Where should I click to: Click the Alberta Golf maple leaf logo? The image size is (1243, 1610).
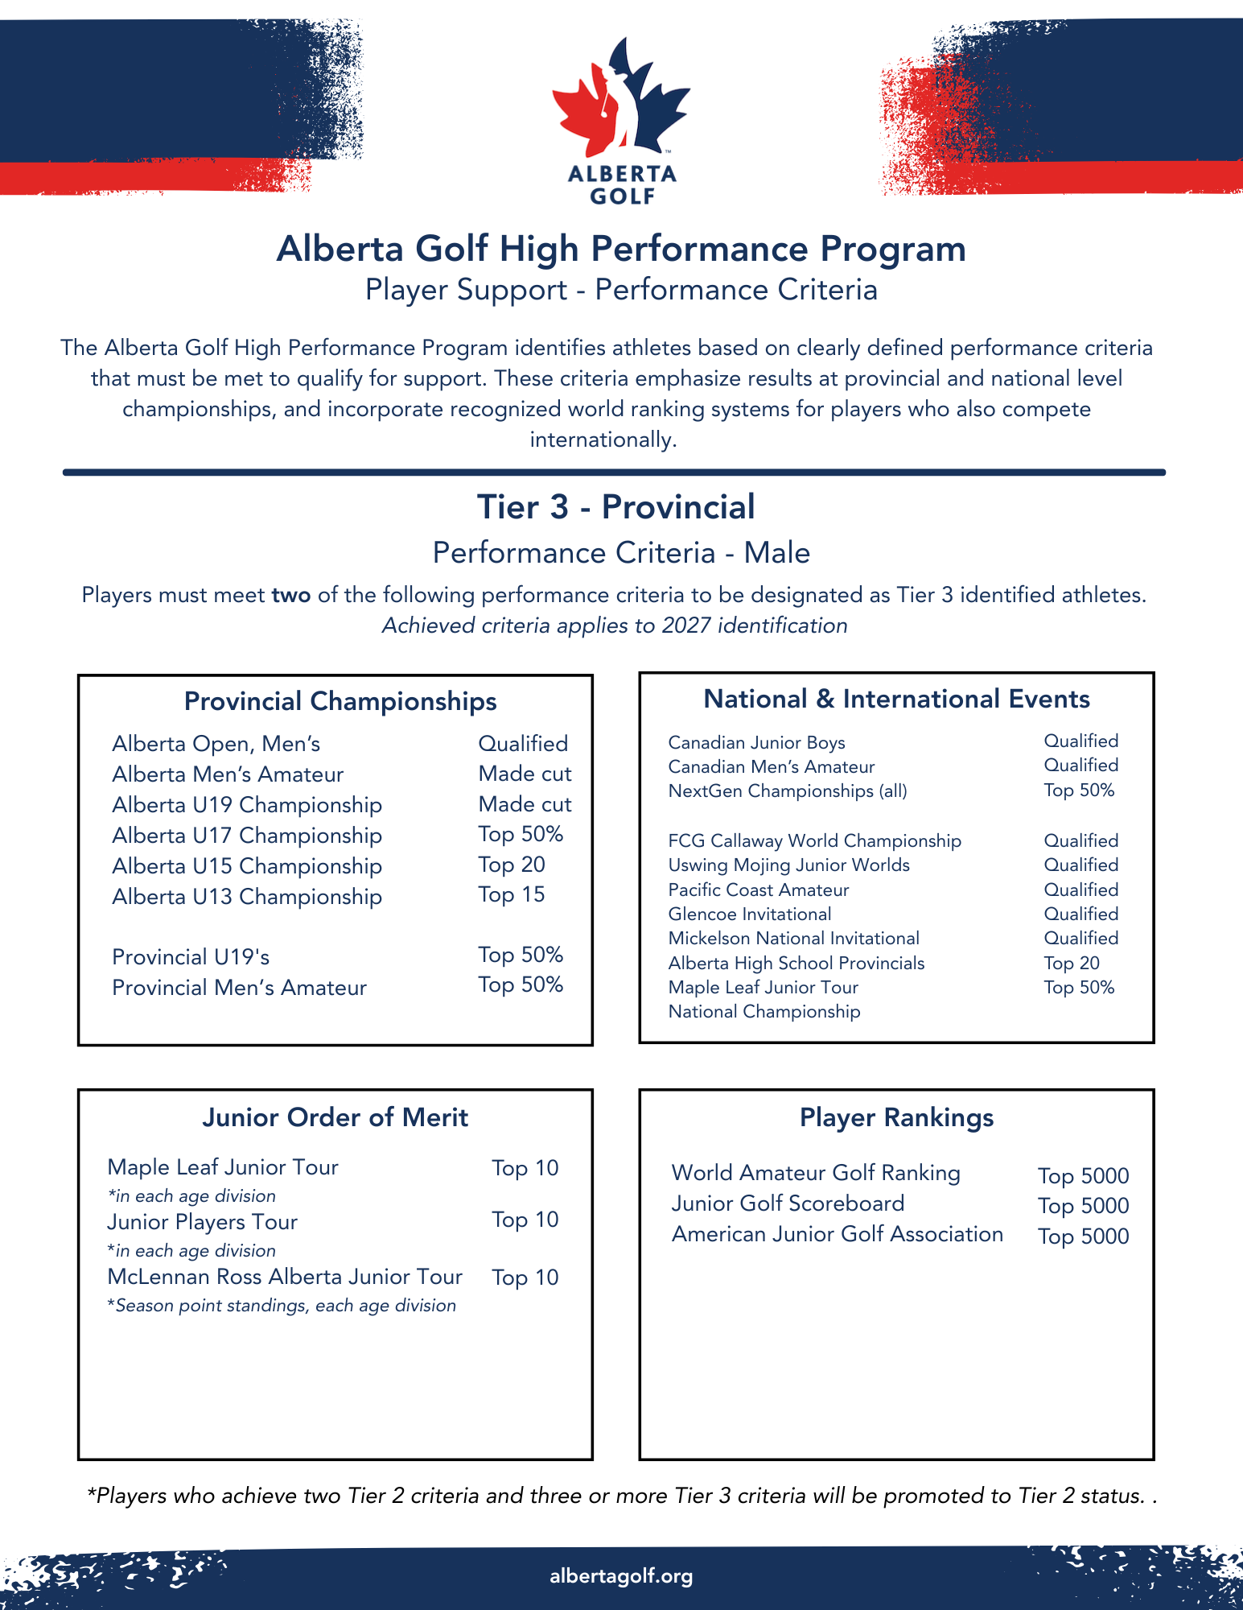[x=621, y=101]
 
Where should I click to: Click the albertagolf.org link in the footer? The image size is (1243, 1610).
[x=621, y=1576]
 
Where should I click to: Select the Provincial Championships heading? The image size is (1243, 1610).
[x=340, y=701]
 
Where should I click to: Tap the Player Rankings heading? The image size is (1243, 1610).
[x=896, y=1117]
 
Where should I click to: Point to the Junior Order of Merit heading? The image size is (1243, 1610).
[x=335, y=1117]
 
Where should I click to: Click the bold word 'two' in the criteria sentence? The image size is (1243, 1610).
[x=291, y=596]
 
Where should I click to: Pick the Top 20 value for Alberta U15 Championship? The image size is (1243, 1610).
[x=512, y=865]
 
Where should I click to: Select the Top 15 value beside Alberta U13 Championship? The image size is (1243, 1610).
[x=512, y=895]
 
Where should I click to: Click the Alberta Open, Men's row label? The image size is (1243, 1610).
[x=216, y=744]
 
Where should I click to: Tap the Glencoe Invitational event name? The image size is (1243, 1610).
[x=750, y=914]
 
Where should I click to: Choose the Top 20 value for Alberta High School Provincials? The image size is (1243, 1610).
[x=1072, y=964]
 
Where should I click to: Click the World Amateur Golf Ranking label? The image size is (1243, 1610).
[x=816, y=1173]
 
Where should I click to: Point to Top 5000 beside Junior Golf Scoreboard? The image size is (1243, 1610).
[x=1083, y=1206]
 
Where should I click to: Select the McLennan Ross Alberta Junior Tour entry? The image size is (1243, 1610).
[x=285, y=1277]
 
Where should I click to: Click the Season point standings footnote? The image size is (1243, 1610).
[x=282, y=1306]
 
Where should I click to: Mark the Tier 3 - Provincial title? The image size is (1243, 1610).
[x=615, y=507]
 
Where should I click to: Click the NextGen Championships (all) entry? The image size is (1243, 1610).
[x=788, y=791]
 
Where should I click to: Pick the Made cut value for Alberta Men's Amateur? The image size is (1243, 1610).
[x=525, y=774]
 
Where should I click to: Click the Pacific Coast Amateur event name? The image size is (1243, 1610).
[x=759, y=890]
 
